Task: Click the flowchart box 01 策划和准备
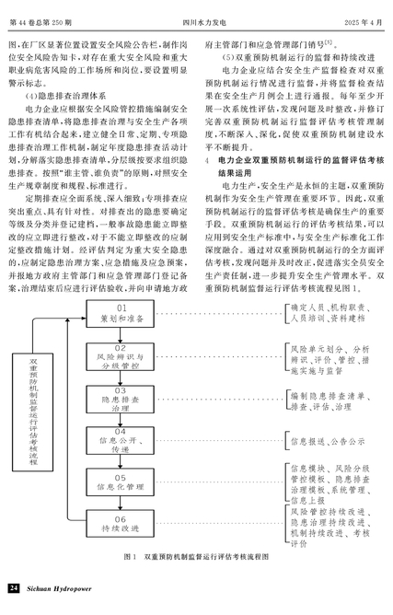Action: coord(120,314)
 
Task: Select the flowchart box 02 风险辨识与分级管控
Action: coord(120,357)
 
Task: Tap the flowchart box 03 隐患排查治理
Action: coord(120,400)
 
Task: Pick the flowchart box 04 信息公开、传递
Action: coord(120,440)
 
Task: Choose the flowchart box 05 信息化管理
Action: coord(120,482)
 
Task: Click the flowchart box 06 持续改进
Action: coord(120,524)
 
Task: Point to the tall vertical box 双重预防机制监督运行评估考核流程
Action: coord(32,412)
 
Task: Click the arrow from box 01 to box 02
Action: coord(120,335)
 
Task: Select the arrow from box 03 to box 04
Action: coord(120,420)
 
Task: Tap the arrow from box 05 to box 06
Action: coord(120,503)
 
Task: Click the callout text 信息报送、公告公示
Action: coord(328,442)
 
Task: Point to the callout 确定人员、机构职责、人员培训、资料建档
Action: coord(330,313)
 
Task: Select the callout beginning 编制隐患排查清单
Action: coord(330,401)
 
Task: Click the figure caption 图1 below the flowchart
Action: coord(196,557)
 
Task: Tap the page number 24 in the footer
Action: coord(14,588)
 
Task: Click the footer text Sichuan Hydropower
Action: coord(59,588)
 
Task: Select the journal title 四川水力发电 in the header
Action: coord(204,23)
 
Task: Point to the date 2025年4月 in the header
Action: coord(364,23)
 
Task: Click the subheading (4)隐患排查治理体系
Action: coord(65,96)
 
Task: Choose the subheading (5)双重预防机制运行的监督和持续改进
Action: coord(298,58)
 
